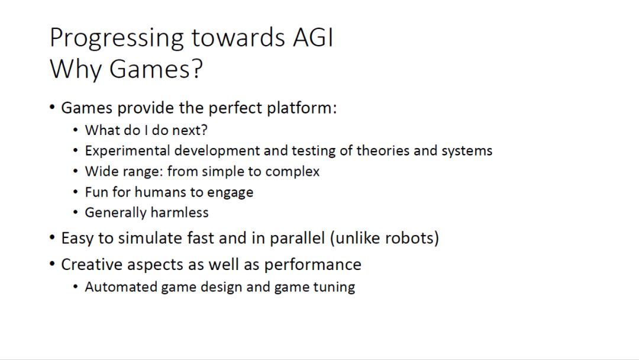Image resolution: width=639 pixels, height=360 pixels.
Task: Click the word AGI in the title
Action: tap(313, 37)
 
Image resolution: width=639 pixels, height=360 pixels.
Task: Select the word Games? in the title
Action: tap(156, 69)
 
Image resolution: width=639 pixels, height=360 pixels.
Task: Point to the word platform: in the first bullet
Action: tap(302, 108)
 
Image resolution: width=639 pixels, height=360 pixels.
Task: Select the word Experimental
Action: tap(127, 151)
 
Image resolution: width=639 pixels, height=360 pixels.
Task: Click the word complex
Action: tap(292, 172)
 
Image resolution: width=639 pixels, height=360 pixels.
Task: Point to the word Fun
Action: tap(96, 192)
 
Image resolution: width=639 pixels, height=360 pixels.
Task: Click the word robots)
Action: tap(412, 238)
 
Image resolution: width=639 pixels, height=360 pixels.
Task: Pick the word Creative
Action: tap(92, 265)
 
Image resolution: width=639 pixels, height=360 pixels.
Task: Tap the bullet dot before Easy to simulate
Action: tap(51, 237)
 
